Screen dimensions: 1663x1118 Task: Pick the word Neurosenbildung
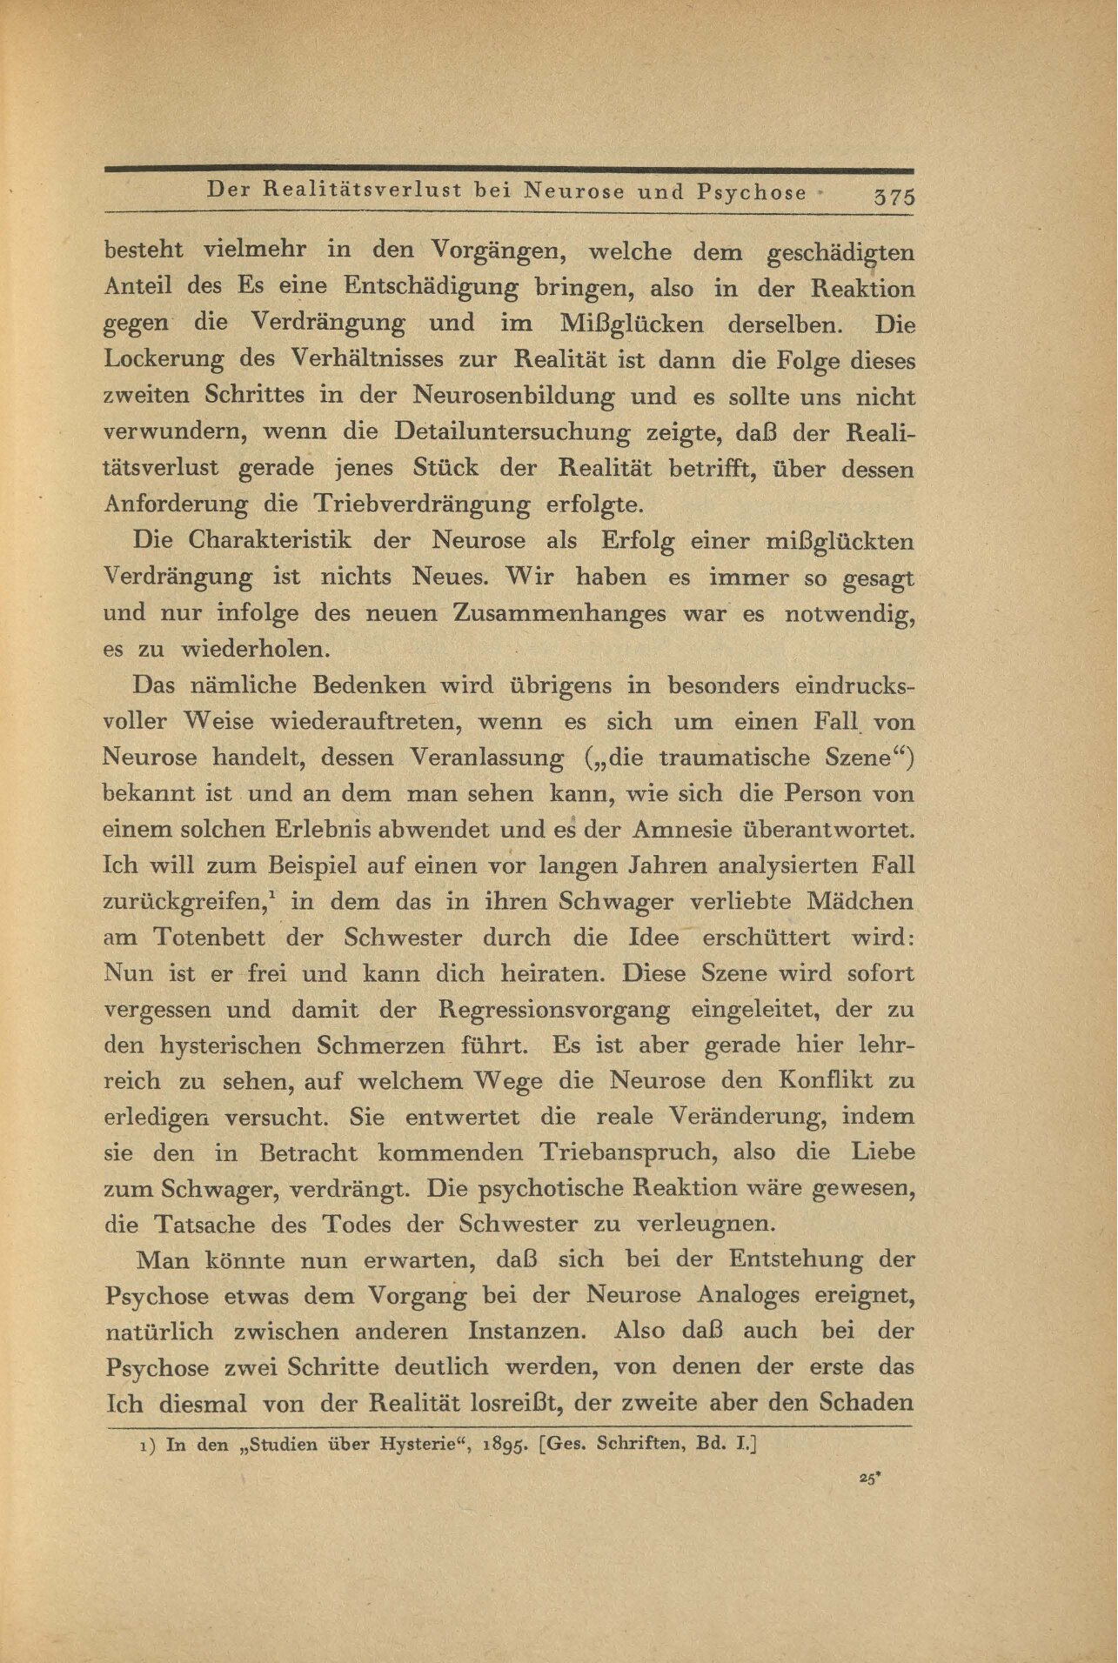tap(513, 397)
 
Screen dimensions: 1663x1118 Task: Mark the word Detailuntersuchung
tap(513, 432)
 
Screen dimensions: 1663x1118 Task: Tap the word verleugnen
tap(706, 1225)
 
